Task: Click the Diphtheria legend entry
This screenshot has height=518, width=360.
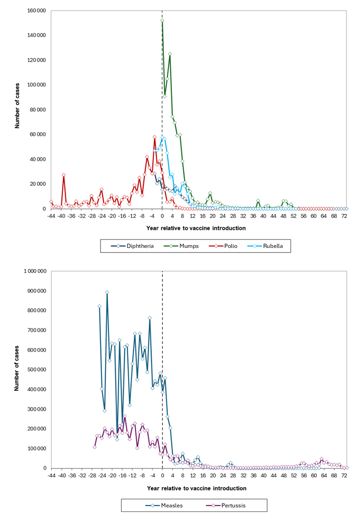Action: (x=132, y=246)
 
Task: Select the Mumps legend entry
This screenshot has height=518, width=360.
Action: (x=182, y=246)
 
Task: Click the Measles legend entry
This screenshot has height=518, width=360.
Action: (x=164, y=505)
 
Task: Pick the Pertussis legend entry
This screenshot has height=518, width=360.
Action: (x=226, y=505)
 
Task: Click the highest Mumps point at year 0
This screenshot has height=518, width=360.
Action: (x=162, y=21)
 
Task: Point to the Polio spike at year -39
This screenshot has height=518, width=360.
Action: (x=64, y=175)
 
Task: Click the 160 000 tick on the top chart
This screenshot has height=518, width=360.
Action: (x=36, y=11)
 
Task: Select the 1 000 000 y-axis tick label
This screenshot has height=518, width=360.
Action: (x=35, y=271)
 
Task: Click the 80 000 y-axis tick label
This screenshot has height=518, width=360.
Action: (x=38, y=110)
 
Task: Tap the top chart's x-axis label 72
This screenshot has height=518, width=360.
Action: (x=344, y=216)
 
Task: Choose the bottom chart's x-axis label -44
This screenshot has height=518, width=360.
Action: (x=51, y=476)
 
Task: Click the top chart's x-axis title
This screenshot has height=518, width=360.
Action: (x=196, y=228)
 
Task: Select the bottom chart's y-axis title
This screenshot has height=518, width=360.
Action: (x=17, y=369)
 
